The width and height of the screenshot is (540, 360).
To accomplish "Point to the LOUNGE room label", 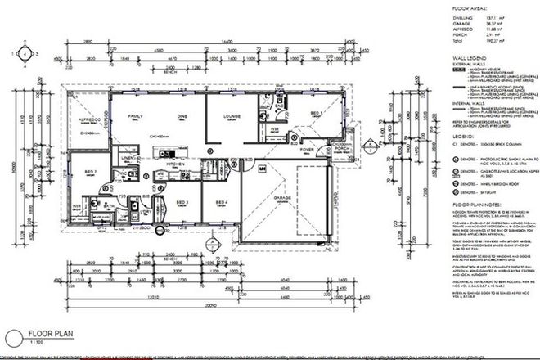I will pyautogui.click(x=232, y=117).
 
